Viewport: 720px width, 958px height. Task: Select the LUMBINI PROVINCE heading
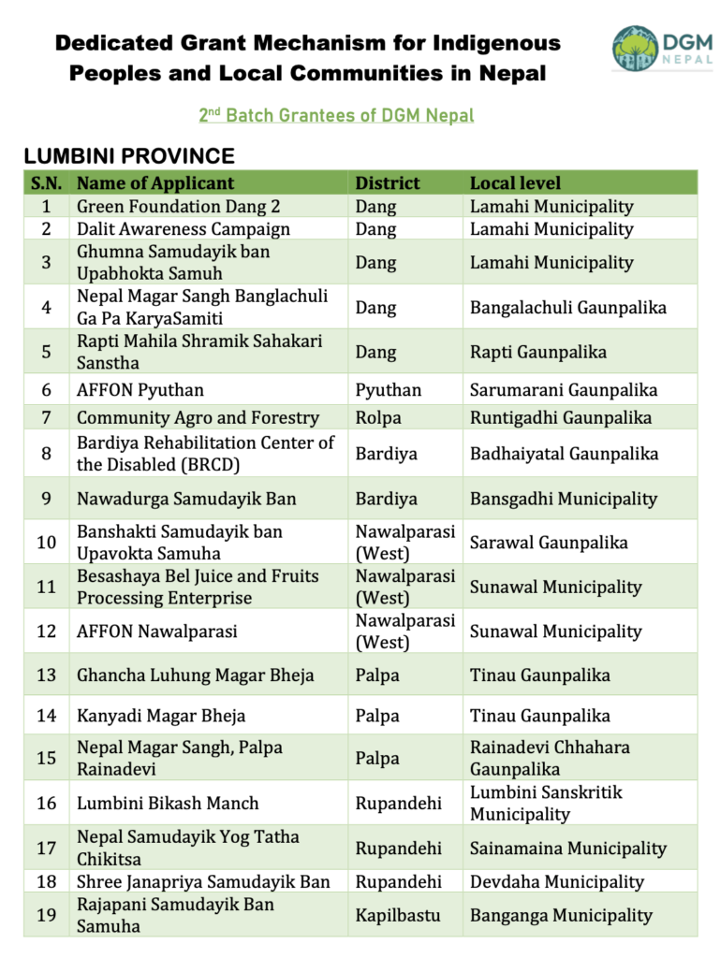(x=129, y=156)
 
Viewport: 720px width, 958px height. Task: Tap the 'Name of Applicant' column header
(x=155, y=183)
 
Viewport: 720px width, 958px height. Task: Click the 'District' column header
(x=388, y=183)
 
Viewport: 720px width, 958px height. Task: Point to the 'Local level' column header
(x=515, y=183)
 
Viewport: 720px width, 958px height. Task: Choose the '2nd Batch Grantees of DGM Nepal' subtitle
(x=336, y=116)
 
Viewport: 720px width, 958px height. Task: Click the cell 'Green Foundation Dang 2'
(x=178, y=207)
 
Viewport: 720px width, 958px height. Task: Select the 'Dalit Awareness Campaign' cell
(x=184, y=229)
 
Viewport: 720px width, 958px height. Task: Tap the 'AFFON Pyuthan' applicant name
(x=140, y=390)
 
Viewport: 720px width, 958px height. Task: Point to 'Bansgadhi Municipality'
(x=563, y=499)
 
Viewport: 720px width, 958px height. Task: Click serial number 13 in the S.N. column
(x=46, y=675)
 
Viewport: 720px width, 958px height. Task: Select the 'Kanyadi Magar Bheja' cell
(x=161, y=717)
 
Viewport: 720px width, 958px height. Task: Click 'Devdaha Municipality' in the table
(x=557, y=881)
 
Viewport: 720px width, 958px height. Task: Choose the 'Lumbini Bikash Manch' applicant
(x=168, y=804)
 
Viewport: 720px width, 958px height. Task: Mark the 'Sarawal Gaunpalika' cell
(x=549, y=543)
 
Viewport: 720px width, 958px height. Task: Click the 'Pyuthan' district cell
(x=389, y=390)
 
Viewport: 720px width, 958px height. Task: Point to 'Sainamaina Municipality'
(x=568, y=849)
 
